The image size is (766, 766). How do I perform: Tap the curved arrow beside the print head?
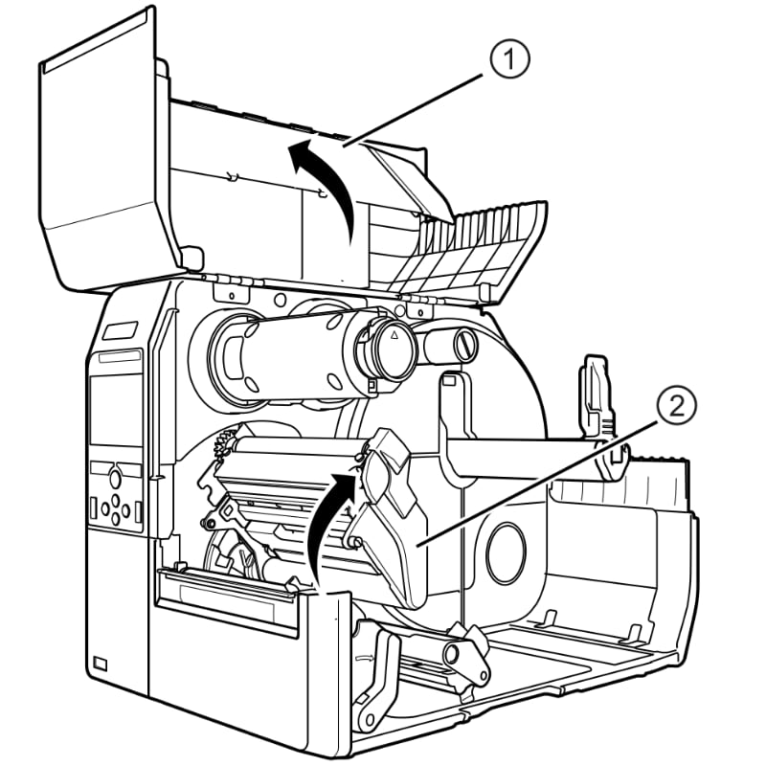pos(327,517)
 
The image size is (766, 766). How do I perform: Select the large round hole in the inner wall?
pos(506,552)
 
